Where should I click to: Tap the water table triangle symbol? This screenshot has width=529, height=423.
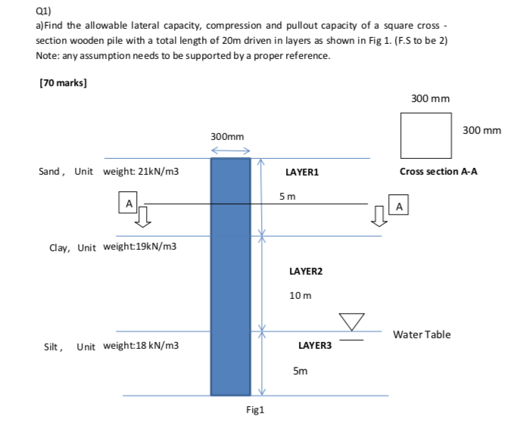pyautogui.click(x=353, y=322)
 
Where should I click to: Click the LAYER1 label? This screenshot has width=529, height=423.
pyautogui.click(x=302, y=173)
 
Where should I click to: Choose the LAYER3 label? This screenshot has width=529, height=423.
pyautogui.click(x=315, y=345)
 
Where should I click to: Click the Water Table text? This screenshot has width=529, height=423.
pyautogui.click(x=422, y=334)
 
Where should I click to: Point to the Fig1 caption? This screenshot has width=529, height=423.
pyautogui.click(x=255, y=409)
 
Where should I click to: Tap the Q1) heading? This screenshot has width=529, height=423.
pyautogui.click(x=45, y=11)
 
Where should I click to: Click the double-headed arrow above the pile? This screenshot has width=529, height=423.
pyautogui.click(x=230, y=151)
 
